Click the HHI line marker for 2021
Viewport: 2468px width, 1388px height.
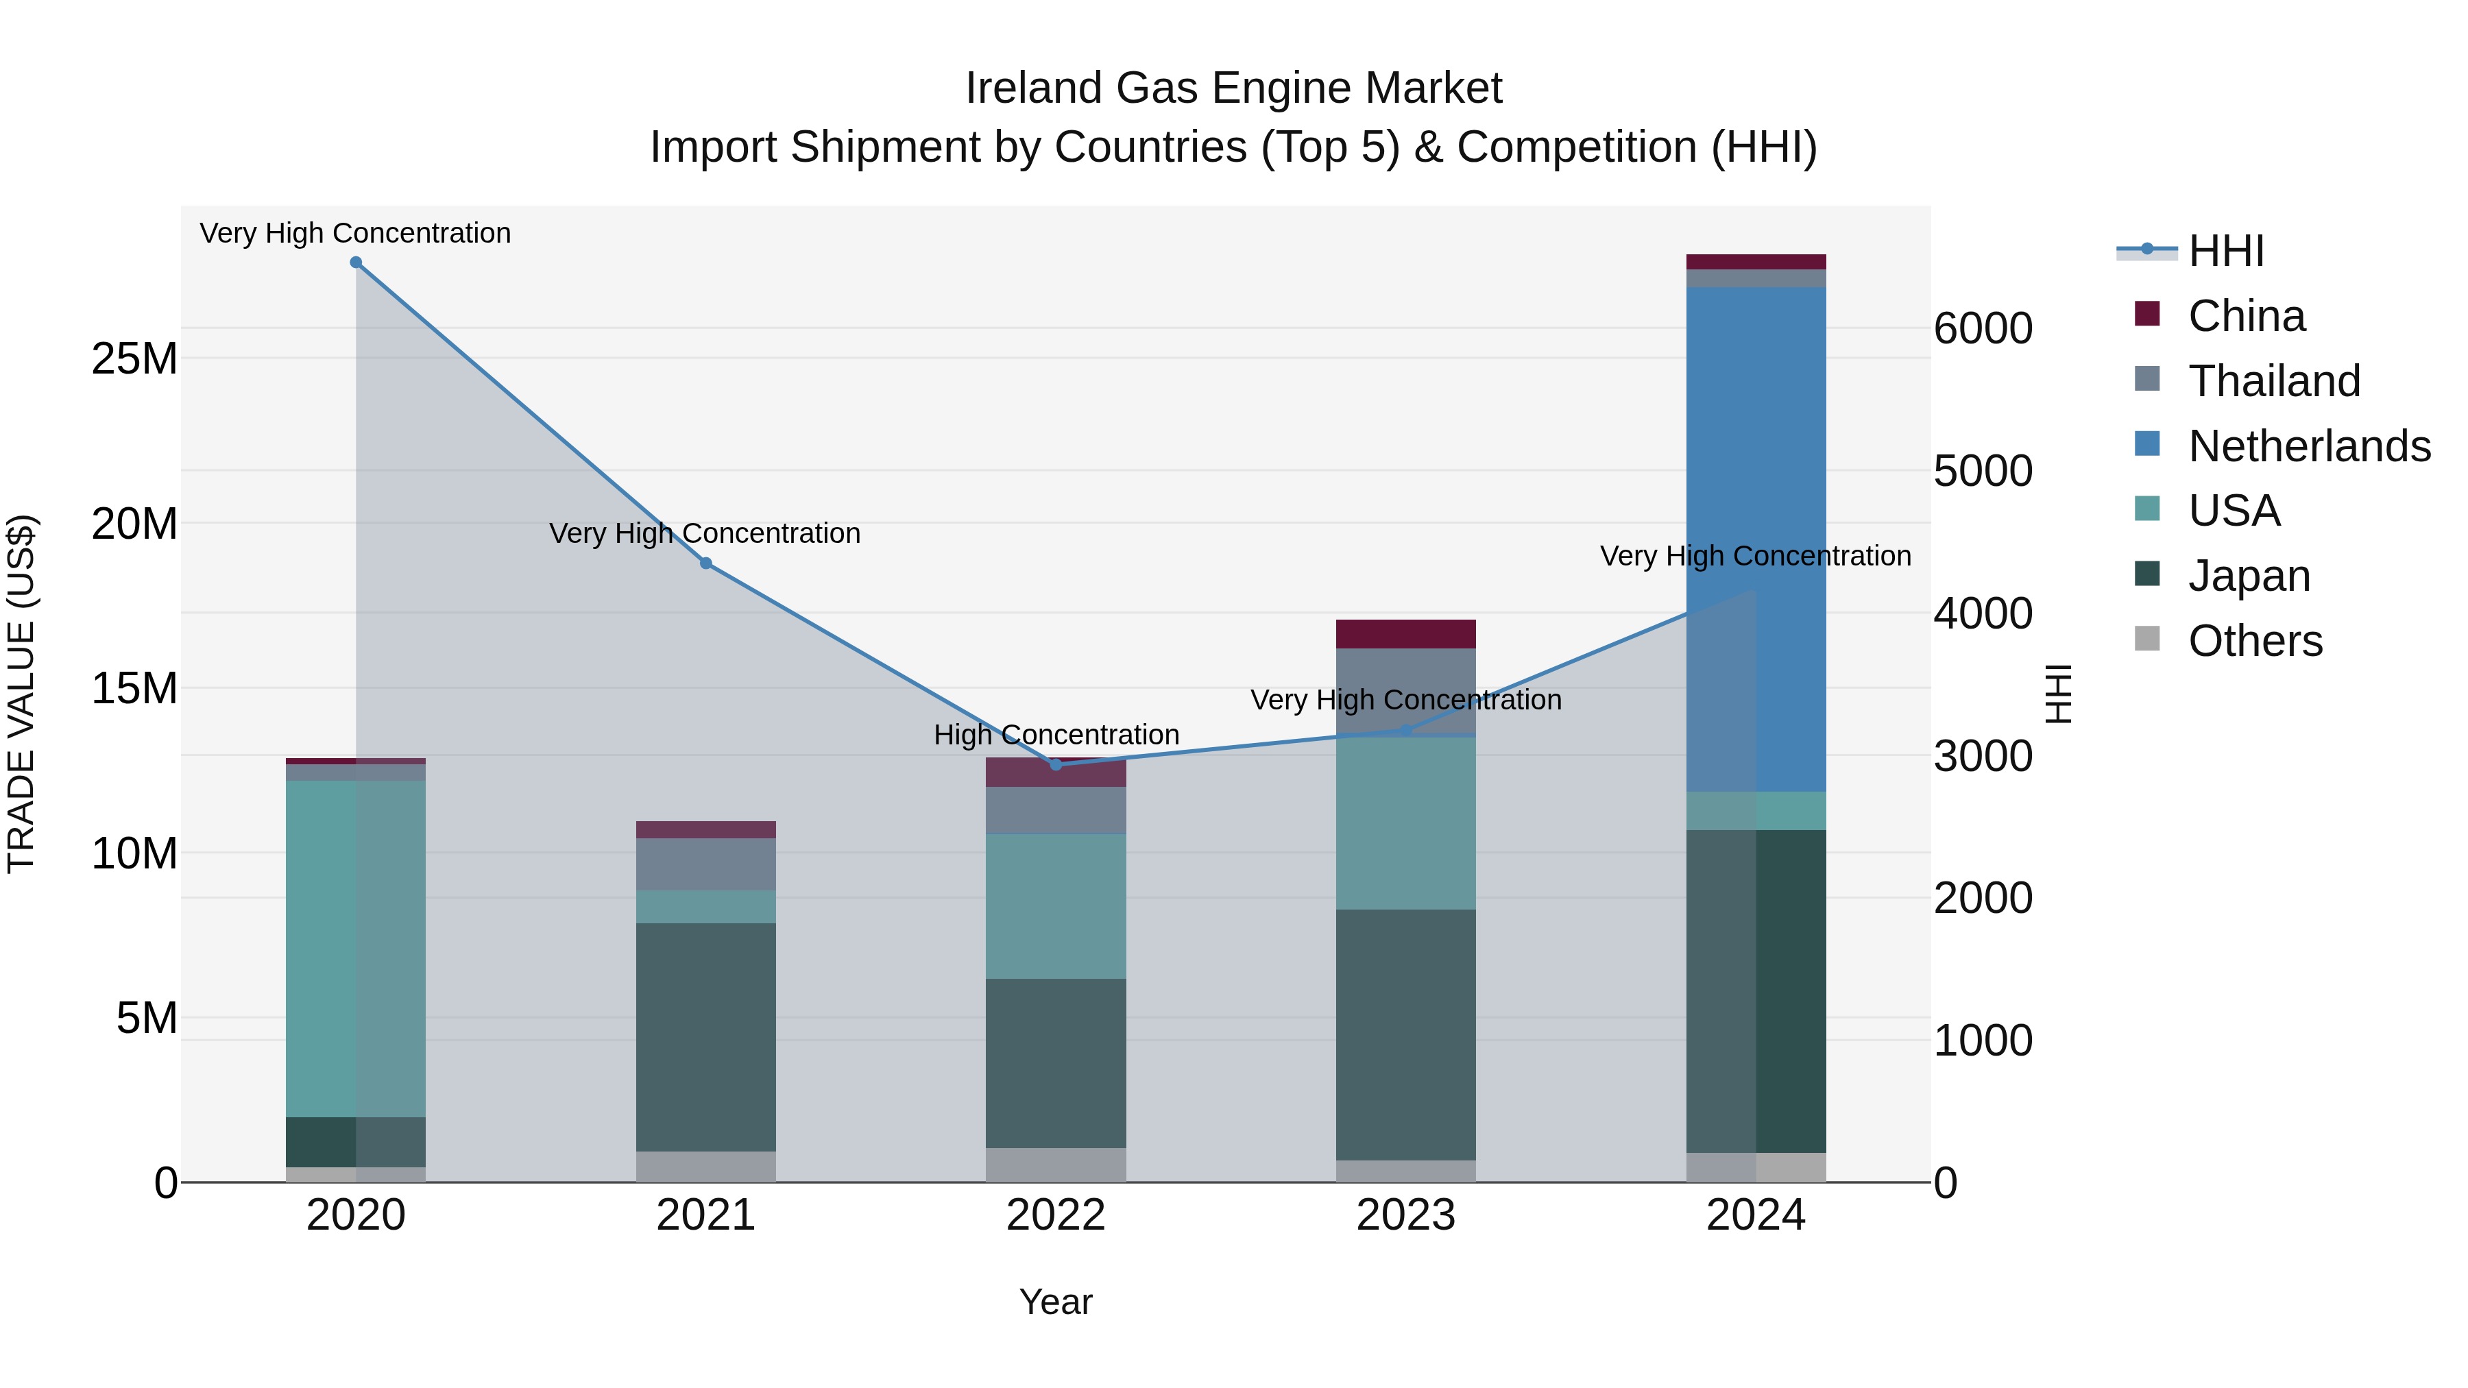706,563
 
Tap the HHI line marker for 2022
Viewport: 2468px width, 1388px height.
1056,764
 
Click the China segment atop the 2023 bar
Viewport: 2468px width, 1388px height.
1405,634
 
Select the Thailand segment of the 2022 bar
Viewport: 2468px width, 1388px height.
1056,810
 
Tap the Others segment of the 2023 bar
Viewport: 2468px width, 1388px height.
1405,1171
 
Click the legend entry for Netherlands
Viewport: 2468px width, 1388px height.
2309,446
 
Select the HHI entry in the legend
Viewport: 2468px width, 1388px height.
2225,251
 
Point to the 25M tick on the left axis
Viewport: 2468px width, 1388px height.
134,359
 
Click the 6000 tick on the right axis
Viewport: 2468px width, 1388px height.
1982,328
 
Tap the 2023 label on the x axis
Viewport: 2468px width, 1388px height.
1405,1215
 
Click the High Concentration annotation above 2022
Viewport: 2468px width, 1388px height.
1056,735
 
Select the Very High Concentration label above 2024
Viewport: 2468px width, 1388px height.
1755,556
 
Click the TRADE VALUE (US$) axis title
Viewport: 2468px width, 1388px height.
21,694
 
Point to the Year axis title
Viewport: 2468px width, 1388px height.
1056,1302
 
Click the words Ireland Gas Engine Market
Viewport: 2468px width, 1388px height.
1233,88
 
